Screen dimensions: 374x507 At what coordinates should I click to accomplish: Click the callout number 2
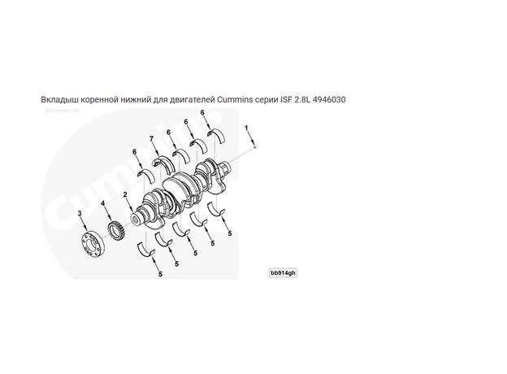coord(125,194)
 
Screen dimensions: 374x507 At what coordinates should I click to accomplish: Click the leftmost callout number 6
coord(135,151)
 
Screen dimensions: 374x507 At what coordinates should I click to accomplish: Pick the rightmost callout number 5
coord(230,233)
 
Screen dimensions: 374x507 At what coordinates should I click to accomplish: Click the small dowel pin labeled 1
coord(255,146)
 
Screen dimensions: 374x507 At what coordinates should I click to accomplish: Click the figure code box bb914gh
coord(284,272)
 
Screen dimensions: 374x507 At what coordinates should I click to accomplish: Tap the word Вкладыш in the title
coord(59,99)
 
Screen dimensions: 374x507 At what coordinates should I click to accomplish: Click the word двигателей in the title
coord(189,99)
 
